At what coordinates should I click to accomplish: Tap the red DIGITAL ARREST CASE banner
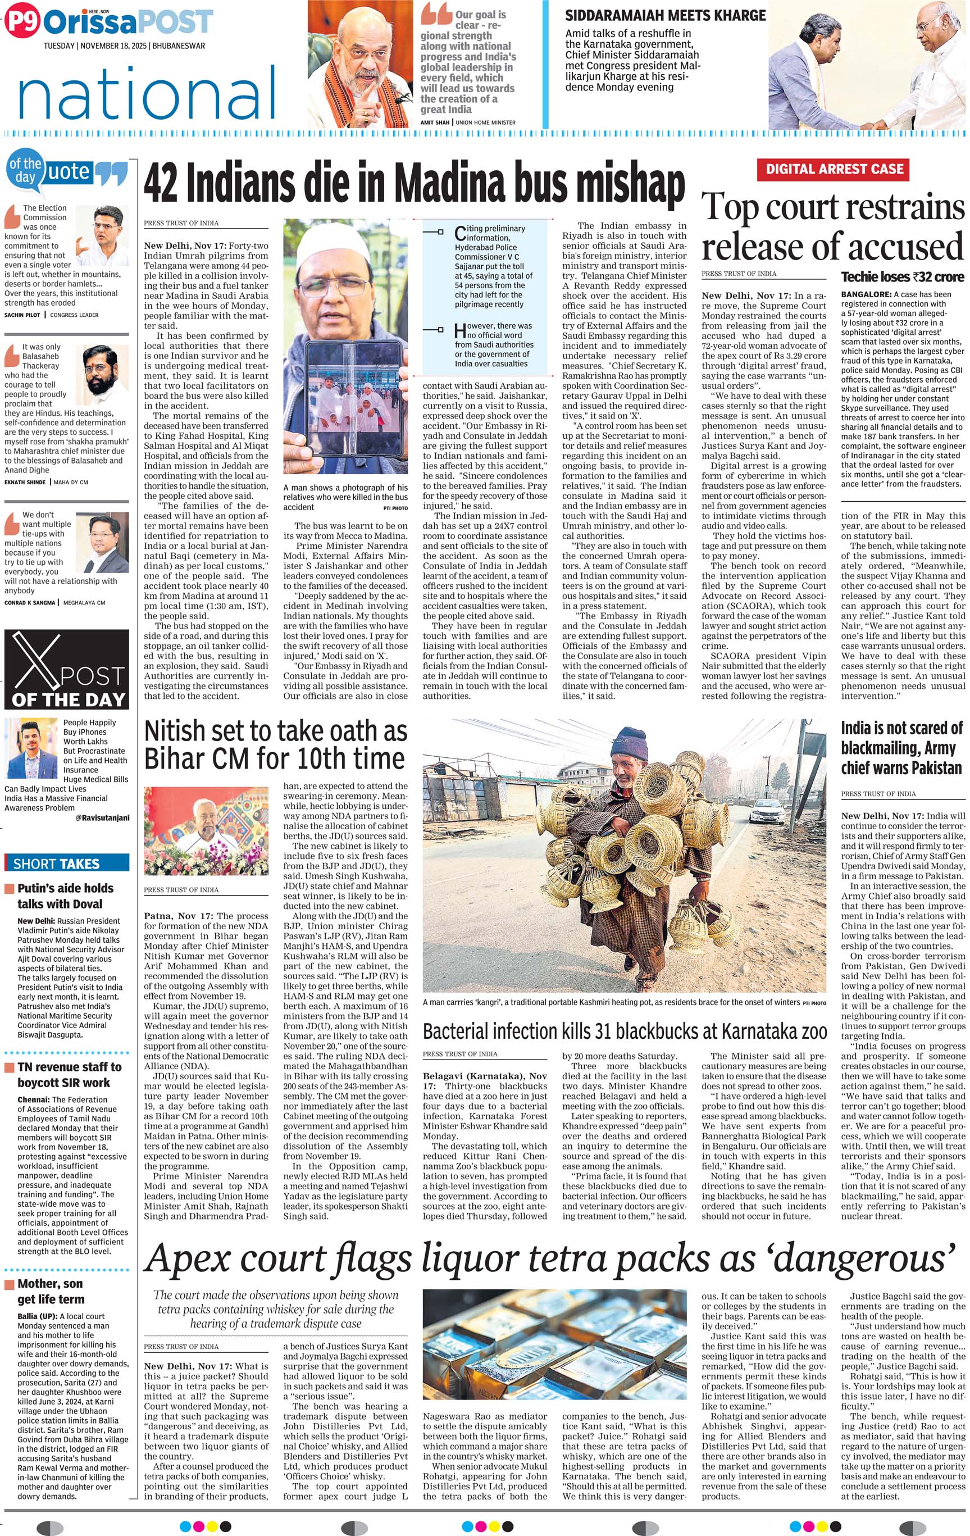coord(834,169)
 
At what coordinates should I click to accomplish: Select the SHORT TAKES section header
coord(57,864)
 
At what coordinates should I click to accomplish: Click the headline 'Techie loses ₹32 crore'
coord(902,277)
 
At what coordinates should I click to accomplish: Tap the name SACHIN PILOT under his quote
coord(24,315)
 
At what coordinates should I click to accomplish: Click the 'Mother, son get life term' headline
coord(51,1291)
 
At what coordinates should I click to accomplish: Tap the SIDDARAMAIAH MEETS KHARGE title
coord(665,15)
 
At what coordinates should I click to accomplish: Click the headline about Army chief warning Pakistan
coord(901,748)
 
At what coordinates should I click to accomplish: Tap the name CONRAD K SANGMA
coord(30,602)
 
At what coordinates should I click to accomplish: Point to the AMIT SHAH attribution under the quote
coord(435,122)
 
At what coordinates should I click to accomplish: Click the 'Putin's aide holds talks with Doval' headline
coord(65,896)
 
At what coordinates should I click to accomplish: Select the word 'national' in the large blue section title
coord(147,93)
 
